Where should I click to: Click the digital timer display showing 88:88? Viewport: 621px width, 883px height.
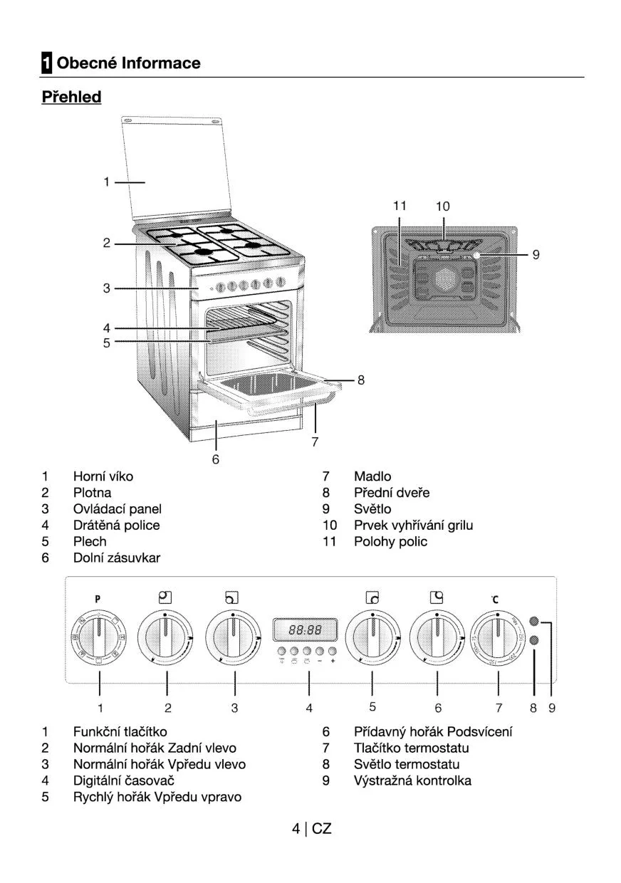tap(305, 629)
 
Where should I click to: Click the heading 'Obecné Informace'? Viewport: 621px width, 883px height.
tap(128, 63)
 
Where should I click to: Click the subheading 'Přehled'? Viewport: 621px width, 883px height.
tap(71, 97)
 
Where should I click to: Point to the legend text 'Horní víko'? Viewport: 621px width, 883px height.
tap(103, 476)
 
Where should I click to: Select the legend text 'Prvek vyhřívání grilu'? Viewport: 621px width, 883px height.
tap(413, 526)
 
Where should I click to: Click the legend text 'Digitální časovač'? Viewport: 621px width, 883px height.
tap(124, 780)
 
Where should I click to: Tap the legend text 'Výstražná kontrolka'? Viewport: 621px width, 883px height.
tap(412, 780)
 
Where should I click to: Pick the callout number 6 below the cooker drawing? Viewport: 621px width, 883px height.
tap(215, 459)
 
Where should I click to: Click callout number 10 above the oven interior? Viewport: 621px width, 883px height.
tap(443, 207)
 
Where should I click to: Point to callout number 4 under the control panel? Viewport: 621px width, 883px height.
tap(309, 708)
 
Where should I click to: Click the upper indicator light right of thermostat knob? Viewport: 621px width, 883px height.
tap(534, 621)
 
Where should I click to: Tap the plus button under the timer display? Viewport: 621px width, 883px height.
tap(333, 651)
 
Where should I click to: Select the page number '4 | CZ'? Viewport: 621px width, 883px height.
tap(311, 829)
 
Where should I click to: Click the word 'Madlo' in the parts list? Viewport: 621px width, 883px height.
tap(372, 476)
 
